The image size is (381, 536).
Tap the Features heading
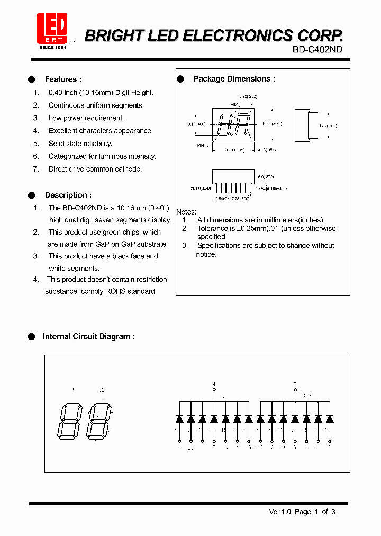(62, 79)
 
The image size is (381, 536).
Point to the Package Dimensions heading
(234, 79)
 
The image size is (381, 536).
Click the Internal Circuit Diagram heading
(88, 336)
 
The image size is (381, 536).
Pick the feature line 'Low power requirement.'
(86, 118)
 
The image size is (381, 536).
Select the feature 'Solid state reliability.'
(80, 144)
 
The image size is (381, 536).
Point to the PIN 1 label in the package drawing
(204, 145)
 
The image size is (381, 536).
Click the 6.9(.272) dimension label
(265, 176)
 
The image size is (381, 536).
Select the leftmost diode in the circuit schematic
(179, 418)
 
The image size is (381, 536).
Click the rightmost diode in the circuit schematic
(330, 418)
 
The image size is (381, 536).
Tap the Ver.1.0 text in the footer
(279, 512)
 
